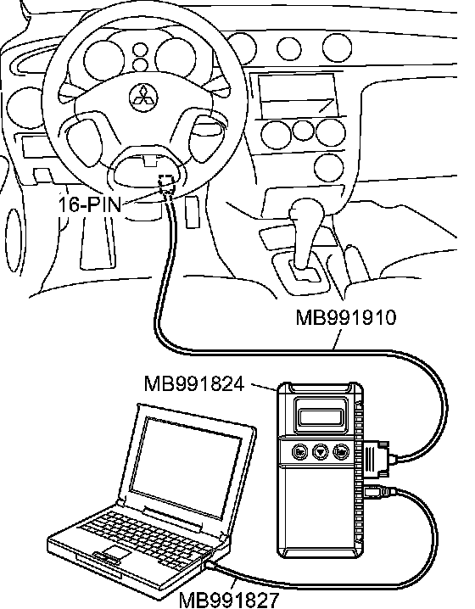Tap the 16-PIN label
(x=90, y=204)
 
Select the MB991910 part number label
(x=346, y=317)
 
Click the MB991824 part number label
(x=194, y=383)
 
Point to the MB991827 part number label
(x=229, y=600)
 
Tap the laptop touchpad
(x=115, y=552)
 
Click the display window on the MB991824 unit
(x=321, y=416)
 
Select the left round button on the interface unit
(x=300, y=452)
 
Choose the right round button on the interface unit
(x=341, y=451)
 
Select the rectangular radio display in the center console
(x=297, y=96)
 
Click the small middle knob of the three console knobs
(x=303, y=130)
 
